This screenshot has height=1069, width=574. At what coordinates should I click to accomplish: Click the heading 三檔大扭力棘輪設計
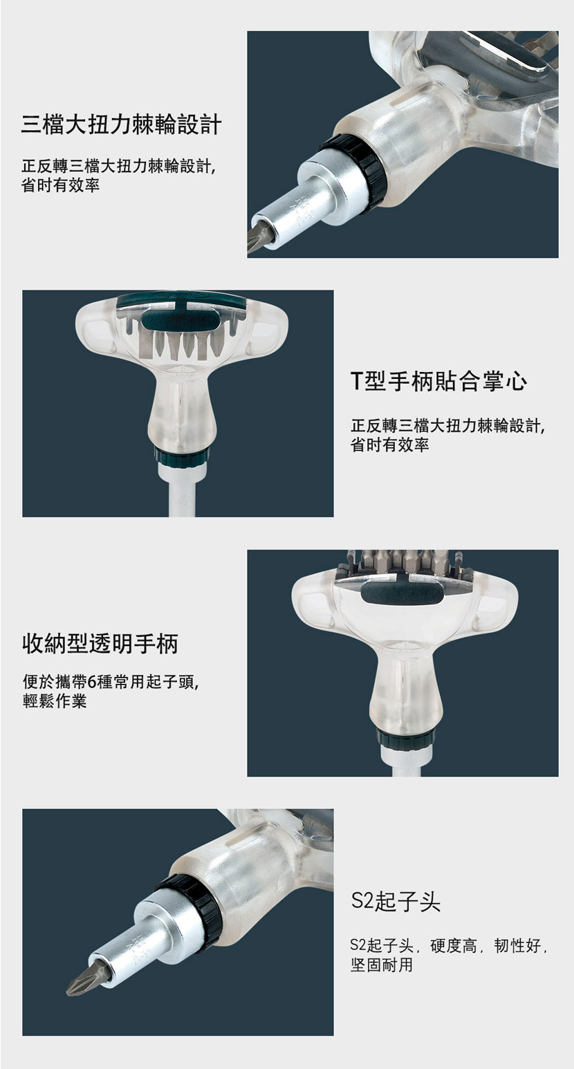pos(121,124)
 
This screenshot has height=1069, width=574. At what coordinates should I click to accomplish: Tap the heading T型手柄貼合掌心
pos(439,381)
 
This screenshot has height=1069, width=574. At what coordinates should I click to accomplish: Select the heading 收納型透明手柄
pos(100,644)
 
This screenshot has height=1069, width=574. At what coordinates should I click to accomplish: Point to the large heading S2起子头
pos(396,901)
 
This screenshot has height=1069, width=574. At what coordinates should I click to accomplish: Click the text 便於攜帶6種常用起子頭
pos(109,682)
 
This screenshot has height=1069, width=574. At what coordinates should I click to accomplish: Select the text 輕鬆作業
pos(55,701)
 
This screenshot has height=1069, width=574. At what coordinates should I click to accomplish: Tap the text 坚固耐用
pos(381,965)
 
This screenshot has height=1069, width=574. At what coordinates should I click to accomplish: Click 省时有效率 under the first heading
pos(60,185)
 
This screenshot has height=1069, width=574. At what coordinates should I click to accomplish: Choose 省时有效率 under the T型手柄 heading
pos(390,445)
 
